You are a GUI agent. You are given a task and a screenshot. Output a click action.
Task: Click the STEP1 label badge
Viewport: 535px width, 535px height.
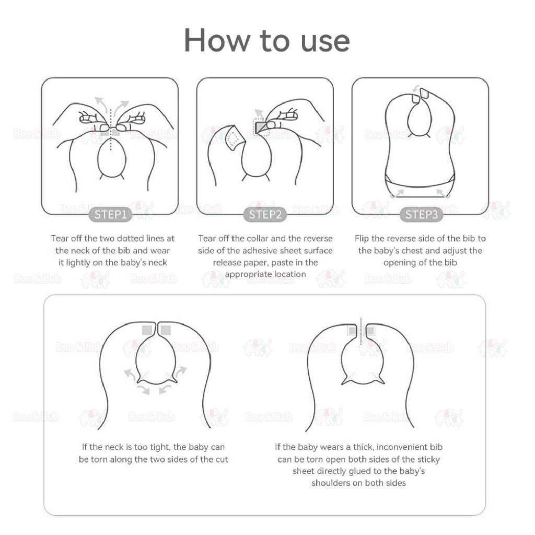(111, 215)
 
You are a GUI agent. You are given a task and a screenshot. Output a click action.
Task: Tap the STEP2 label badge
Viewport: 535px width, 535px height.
(265, 215)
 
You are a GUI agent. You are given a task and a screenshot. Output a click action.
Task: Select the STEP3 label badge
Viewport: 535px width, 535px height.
(422, 215)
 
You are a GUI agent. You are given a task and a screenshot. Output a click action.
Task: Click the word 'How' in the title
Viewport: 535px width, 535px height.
(217, 41)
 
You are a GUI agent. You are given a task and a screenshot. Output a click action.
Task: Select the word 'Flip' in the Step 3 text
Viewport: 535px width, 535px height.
(362, 238)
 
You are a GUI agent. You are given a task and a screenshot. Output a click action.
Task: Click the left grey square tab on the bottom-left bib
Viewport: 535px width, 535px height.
(147, 330)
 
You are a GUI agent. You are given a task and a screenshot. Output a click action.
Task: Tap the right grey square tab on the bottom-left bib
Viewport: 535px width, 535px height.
(166, 330)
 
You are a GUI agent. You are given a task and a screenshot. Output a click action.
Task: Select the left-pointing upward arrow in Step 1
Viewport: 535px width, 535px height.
(101, 104)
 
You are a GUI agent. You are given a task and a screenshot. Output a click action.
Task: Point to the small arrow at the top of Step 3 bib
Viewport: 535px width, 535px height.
(415, 89)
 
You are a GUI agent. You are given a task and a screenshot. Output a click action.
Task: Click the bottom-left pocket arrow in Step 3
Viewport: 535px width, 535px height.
(397, 194)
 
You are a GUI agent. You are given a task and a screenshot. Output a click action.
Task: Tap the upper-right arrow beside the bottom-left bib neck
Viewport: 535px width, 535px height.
(180, 371)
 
